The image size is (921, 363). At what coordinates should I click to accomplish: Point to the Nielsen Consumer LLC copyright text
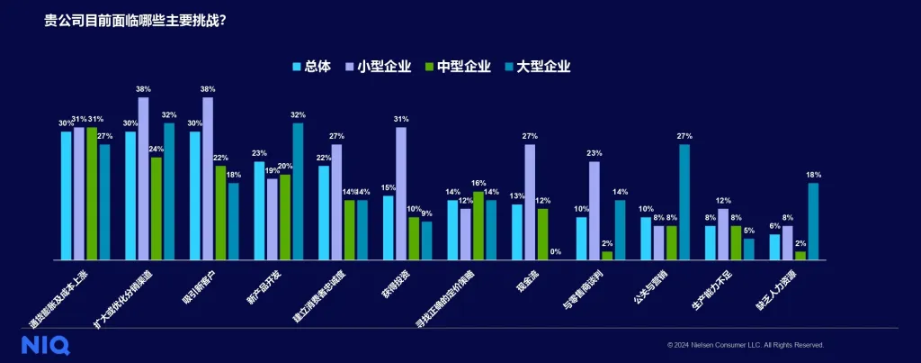(746, 344)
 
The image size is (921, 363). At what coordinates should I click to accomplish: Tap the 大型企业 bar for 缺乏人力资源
(813, 221)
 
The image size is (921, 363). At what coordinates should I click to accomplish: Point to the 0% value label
(555, 251)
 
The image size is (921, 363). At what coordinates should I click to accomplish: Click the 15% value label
(389, 187)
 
